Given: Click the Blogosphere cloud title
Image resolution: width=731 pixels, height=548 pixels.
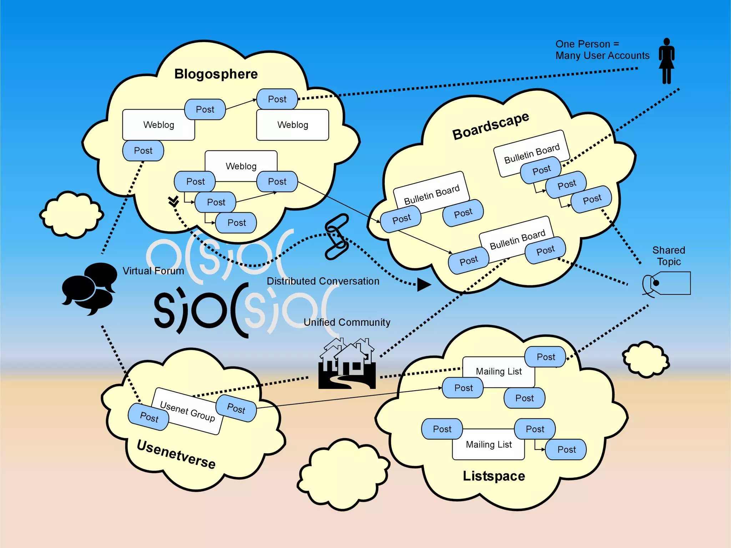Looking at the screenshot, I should [216, 74].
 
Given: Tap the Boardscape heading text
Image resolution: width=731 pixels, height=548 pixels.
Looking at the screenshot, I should [490, 126].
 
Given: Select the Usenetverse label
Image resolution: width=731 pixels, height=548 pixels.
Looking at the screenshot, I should [176, 454].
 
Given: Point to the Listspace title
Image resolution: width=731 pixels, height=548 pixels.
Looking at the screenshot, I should [494, 476].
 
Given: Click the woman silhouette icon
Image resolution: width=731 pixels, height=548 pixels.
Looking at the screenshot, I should [666, 61].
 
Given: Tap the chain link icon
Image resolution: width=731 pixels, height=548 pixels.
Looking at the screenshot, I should [336, 236].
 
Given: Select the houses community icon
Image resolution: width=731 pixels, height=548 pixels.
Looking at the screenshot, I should [347, 364].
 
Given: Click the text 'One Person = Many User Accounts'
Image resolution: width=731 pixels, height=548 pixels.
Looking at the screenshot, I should [602, 50].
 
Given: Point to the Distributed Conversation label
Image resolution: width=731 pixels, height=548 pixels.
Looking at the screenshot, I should [323, 281].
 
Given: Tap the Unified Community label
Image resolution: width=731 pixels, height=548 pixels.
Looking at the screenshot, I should [347, 322].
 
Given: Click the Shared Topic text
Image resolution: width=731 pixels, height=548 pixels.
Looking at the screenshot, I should [669, 256].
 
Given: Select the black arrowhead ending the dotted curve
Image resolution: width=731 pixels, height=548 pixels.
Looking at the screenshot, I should [423, 284].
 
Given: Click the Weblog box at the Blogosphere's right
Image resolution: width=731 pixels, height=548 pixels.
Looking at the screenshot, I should [292, 125].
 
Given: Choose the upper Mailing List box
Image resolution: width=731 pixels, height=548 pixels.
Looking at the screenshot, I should [499, 372].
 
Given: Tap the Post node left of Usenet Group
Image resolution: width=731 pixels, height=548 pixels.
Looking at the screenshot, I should [149, 417].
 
